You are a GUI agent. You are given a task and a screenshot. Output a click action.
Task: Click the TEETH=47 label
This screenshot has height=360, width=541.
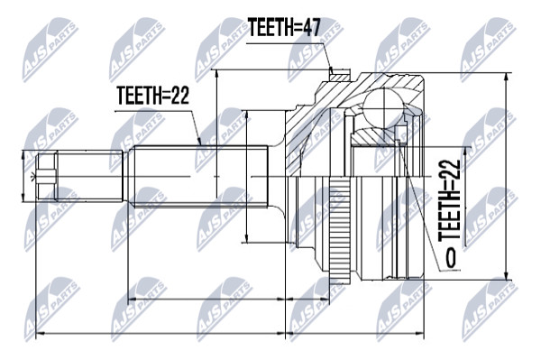(x=285, y=27)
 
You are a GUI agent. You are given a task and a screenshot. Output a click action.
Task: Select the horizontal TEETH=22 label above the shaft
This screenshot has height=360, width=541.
(x=153, y=95)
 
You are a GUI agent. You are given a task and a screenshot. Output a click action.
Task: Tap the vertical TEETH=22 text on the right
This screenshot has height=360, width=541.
(x=449, y=200)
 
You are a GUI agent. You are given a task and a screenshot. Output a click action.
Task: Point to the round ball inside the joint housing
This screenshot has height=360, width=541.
(x=383, y=107)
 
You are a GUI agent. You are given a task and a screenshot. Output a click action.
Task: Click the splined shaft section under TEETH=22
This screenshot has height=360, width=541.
(x=201, y=177)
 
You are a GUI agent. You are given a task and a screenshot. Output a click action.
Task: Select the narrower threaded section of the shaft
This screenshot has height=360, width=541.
(x=89, y=176)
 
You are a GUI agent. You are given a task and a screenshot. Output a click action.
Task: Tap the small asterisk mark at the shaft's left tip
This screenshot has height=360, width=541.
(x=32, y=177)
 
